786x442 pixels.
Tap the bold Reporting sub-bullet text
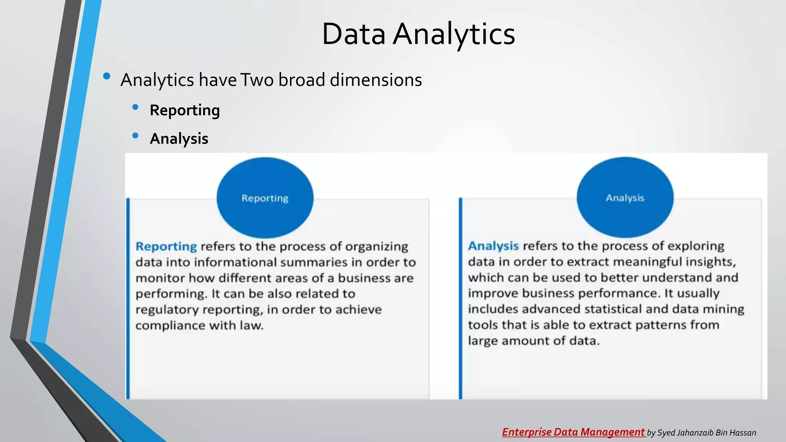[x=185, y=110]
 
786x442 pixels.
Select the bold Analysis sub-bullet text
[x=179, y=139]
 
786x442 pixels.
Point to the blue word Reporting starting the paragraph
[x=166, y=246]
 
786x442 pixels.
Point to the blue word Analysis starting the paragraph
[x=493, y=246]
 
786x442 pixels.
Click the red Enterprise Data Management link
[x=573, y=432]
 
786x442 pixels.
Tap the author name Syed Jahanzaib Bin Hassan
[x=707, y=433]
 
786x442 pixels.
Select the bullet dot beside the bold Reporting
[x=135, y=107]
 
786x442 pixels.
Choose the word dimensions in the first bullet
[x=376, y=80]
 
